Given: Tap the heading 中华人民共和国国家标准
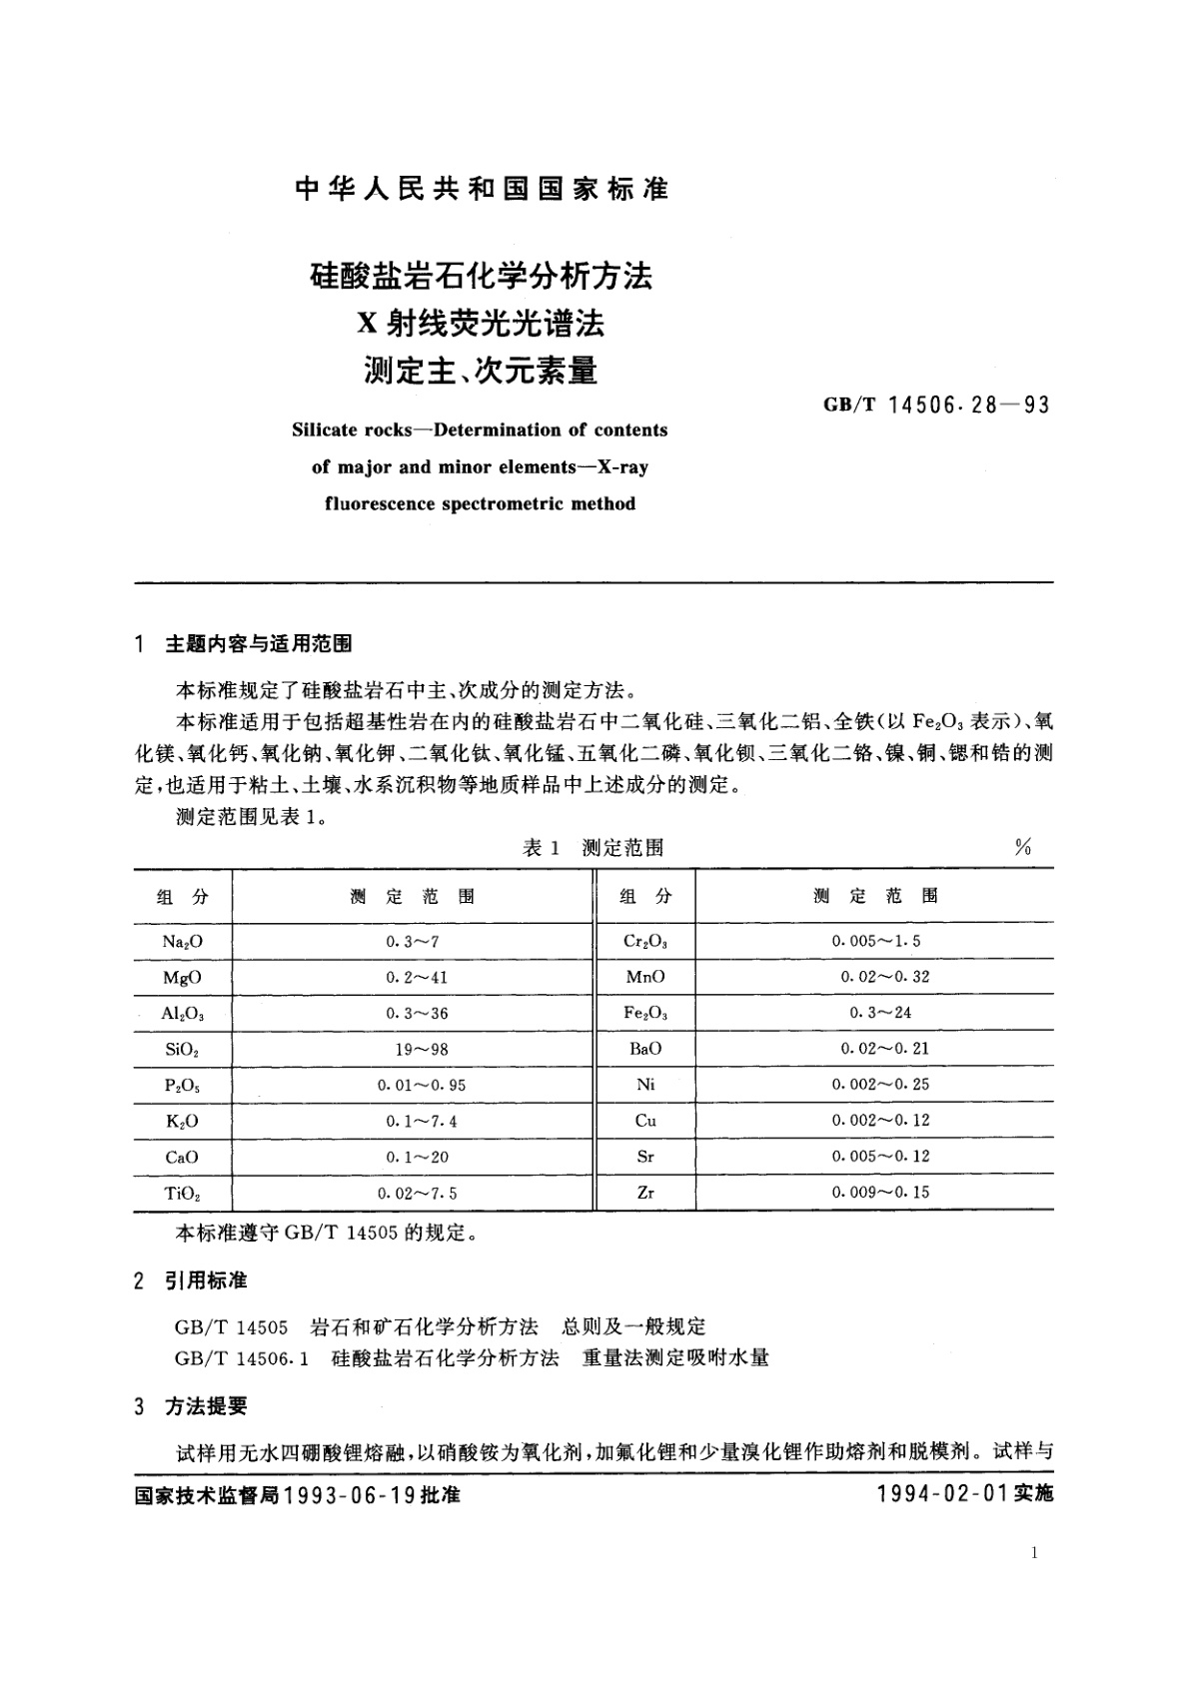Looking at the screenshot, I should coord(482,189).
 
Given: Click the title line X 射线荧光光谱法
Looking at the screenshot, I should coord(482,324).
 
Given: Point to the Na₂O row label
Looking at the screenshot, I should coord(182,941).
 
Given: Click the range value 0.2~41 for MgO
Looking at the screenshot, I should coord(417,977).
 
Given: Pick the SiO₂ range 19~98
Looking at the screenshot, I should coord(415,1049).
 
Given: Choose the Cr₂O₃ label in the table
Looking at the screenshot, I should coord(645,941).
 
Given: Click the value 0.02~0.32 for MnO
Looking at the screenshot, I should coord(884,977).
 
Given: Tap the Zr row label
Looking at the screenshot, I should coord(645,1193).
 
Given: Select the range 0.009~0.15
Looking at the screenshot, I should coord(880,1193).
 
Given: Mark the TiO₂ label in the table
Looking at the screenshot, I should coord(182,1194).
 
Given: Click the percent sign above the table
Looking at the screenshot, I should coord(1022,848).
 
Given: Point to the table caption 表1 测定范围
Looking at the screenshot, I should coord(594,848).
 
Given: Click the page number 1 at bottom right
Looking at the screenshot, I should coord(1033,1552).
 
